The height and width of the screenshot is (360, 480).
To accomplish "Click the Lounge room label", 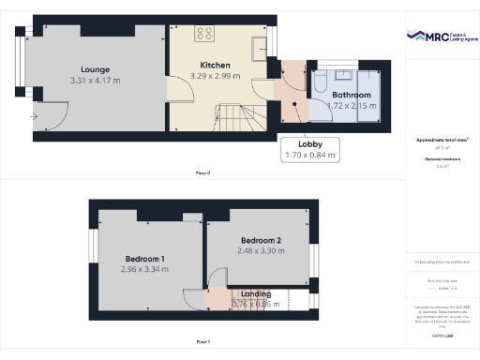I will point(96,69).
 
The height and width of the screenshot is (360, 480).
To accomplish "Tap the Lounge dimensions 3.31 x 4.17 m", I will point(96,82).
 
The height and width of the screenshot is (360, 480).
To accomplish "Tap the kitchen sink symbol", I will point(259,46).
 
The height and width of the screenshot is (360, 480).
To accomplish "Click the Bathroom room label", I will point(352,95).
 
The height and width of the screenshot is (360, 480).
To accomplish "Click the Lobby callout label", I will point(310,144).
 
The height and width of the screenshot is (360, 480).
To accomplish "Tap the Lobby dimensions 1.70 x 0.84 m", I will point(310,155).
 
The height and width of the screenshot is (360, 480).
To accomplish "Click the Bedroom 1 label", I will point(145,258).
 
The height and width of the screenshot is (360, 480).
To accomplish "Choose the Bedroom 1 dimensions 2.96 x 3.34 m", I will point(145,269).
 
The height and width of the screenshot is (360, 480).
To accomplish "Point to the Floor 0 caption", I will point(202,173).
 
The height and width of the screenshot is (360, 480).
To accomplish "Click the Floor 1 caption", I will point(202,341).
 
